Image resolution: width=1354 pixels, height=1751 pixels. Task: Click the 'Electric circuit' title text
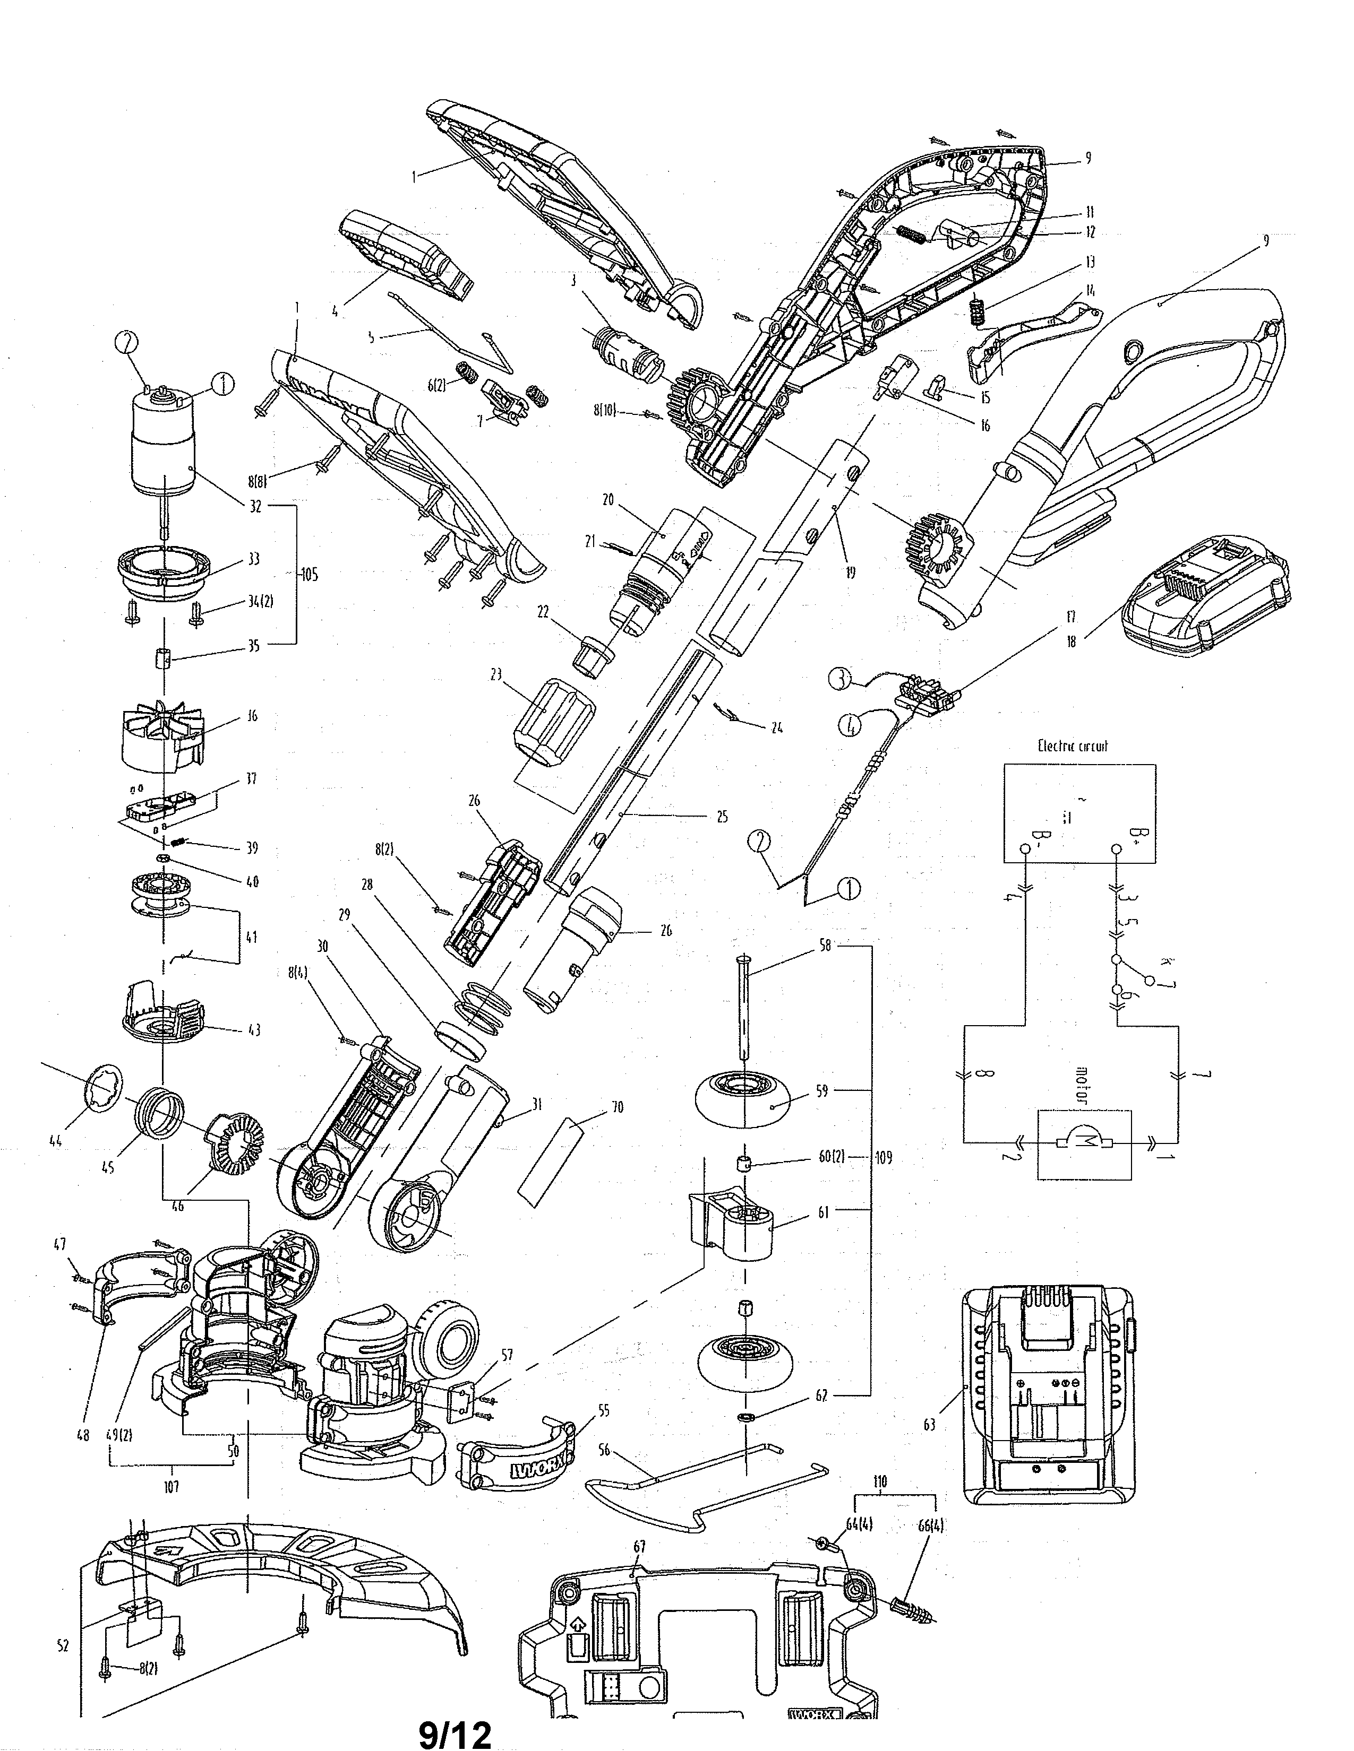click(x=1073, y=746)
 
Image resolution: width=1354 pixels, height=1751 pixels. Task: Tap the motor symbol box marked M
click(x=1084, y=1144)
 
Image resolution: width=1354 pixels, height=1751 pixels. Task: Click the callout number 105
click(x=309, y=575)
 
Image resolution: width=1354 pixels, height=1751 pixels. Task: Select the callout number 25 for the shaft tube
click(x=722, y=817)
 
